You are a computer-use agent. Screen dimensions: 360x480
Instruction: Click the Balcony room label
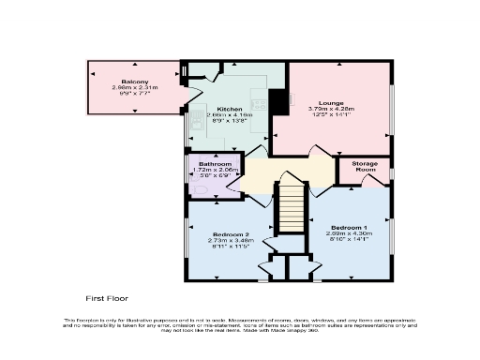coord(135,82)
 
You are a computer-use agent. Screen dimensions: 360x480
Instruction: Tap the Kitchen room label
coord(231,110)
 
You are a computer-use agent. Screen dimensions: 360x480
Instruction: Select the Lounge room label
coord(332,102)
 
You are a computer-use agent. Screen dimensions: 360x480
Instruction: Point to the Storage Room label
coord(365,167)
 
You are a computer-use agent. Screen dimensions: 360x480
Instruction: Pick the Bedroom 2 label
coord(230,233)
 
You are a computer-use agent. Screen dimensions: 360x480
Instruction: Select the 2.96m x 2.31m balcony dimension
coord(135,88)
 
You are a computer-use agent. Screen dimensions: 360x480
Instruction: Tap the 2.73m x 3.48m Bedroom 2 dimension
coord(230,240)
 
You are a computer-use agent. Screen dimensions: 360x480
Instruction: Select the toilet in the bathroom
coord(195,187)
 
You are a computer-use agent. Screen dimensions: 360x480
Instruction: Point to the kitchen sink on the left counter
coord(195,123)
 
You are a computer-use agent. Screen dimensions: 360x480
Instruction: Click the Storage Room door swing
coord(376,178)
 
